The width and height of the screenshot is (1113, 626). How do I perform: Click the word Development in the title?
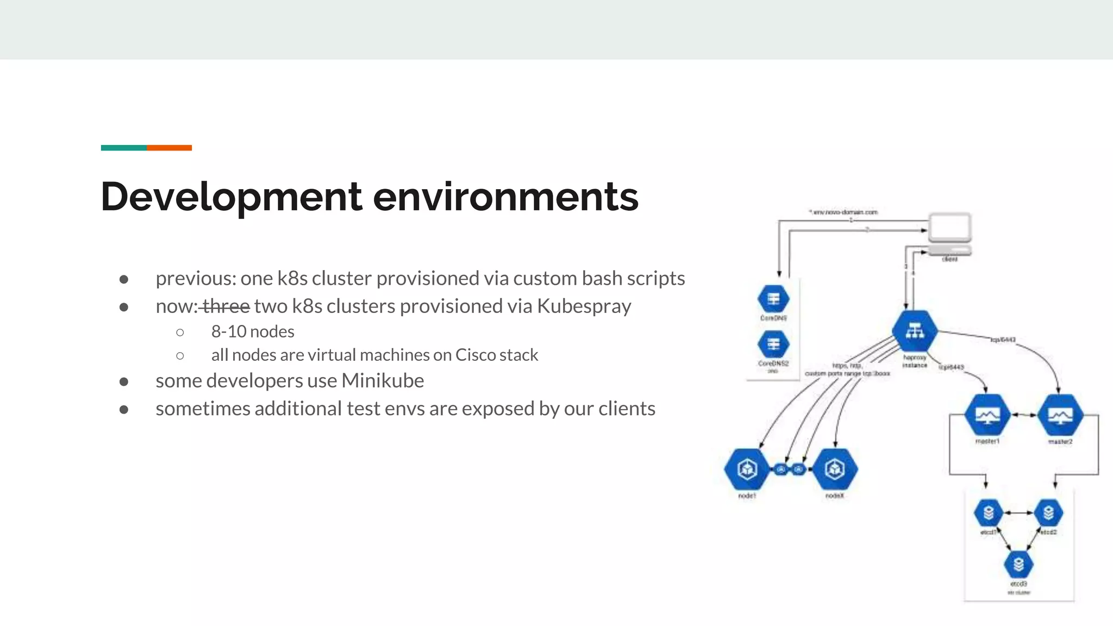(x=231, y=197)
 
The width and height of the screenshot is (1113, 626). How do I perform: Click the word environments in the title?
(x=505, y=197)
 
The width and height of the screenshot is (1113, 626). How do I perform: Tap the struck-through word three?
(x=226, y=306)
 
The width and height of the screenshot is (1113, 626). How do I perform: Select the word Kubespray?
(x=584, y=306)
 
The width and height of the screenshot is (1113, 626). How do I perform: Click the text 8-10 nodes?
(x=253, y=331)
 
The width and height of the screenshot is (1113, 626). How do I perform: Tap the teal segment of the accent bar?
(x=123, y=148)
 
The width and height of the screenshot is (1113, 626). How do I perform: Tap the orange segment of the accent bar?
(x=169, y=148)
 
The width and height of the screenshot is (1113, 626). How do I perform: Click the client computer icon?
(x=949, y=234)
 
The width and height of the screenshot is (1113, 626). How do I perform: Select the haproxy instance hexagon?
(x=915, y=331)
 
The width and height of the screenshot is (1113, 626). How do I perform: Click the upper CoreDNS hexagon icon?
(x=773, y=299)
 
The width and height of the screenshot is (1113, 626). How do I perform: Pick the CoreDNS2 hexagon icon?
(x=773, y=344)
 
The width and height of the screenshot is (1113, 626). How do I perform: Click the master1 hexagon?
(x=987, y=416)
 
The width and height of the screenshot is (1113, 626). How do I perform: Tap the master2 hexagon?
(x=1060, y=416)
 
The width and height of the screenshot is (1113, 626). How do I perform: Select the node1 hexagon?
(x=747, y=468)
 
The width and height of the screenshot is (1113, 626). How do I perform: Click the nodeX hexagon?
(x=835, y=468)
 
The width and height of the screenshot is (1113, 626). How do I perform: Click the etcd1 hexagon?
(x=989, y=512)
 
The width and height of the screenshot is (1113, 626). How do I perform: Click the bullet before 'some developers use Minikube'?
(x=124, y=382)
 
